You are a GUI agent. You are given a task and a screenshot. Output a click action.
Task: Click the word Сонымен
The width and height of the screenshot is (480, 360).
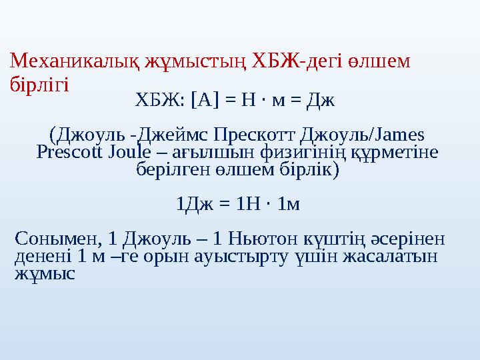[x=57, y=239]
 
